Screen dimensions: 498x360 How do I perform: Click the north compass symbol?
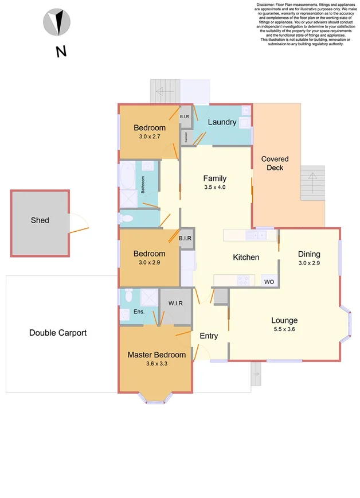click(x=57, y=23)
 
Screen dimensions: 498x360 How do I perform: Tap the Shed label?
click(x=40, y=220)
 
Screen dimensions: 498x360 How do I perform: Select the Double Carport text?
click(x=57, y=333)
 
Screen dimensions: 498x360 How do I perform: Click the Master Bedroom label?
click(x=156, y=355)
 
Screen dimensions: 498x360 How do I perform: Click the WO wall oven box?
click(x=269, y=282)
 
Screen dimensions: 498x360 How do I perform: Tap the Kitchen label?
click(x=245, y=257)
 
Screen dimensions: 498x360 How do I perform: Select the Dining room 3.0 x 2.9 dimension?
click(x=308, y=263)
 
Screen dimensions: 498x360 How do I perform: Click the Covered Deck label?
click(x=275, y=163)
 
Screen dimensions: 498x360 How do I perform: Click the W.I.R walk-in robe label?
click(x=175, y=304)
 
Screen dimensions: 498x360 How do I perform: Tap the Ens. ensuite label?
click(x=139, y=312)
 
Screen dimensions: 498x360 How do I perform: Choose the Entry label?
click(x=208, y=336)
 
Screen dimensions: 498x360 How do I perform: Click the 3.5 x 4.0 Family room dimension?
click(x=215, y=187)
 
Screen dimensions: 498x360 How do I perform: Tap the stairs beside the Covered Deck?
click(x=312, y=184)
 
